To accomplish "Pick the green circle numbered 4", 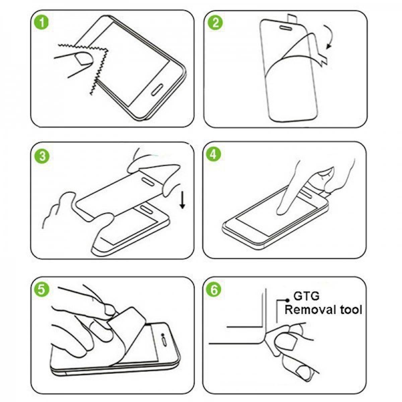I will coord(215,154).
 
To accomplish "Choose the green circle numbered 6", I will coord(214,289).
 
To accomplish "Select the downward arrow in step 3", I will coord(183,200).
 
